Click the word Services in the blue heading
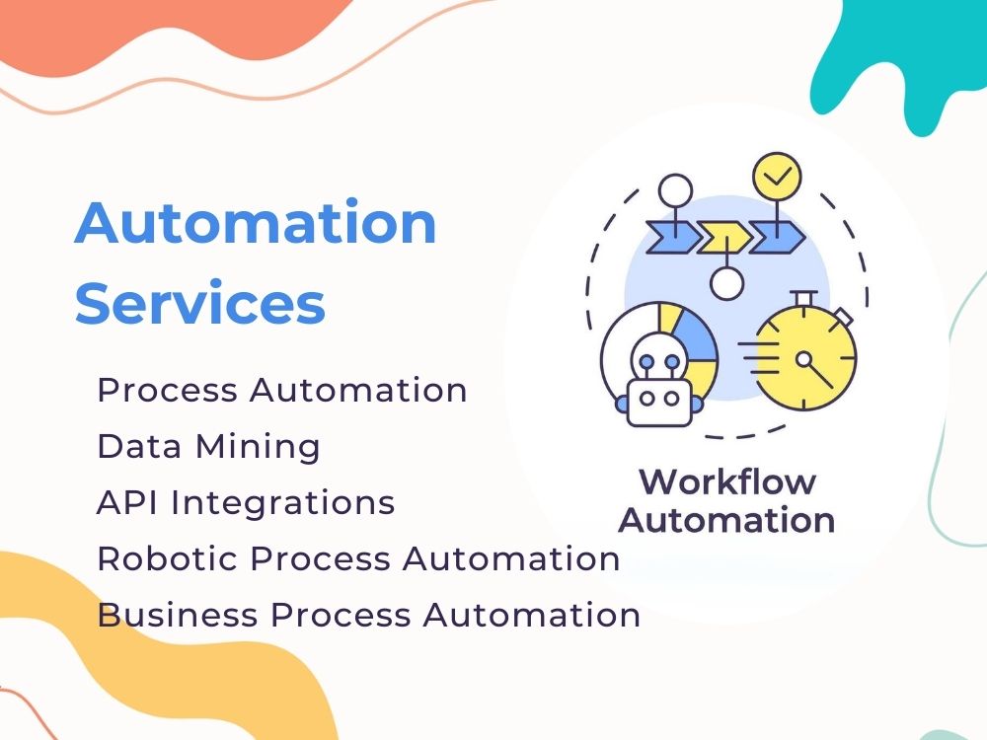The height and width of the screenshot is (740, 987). pyautogui.click(x=200, y=303)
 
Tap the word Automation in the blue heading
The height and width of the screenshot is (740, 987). pyautogui.click(x=256, y=222)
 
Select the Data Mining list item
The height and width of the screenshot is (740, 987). pyautogui.click(x=208, y=446)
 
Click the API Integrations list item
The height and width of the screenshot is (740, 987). pyautogui.click(x=246, y=502)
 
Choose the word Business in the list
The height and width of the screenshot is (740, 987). pyautogui.click(x=178, y=614)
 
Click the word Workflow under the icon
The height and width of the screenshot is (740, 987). pyautogui.click(x=728, y=482)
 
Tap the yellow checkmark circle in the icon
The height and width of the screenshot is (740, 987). pyautogui.click(x=778, y=177)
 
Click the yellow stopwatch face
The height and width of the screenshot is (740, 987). pyautogui.click(x=805, y=359)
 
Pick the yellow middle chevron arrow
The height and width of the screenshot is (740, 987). pyautogui.click(x=723, y=237)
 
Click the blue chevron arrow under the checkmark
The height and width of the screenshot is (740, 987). pyautogui.click(x=777, y=237)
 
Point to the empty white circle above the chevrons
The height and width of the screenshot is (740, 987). pyautogui.click(x=675, y=190)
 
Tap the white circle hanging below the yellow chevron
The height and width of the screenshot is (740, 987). pyautogui.click(x=727, y=283)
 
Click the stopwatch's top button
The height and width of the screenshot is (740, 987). pyautogui.click(x=803, y=297)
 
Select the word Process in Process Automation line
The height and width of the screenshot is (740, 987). pyautogui.click(x=168, y=390)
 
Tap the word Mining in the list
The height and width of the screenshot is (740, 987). pyautogui.click(x=258, y=446)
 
